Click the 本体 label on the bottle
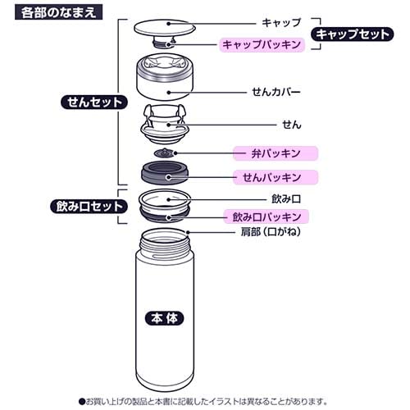click(x=164, y=318)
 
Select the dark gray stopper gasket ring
click(x=167, y=175)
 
